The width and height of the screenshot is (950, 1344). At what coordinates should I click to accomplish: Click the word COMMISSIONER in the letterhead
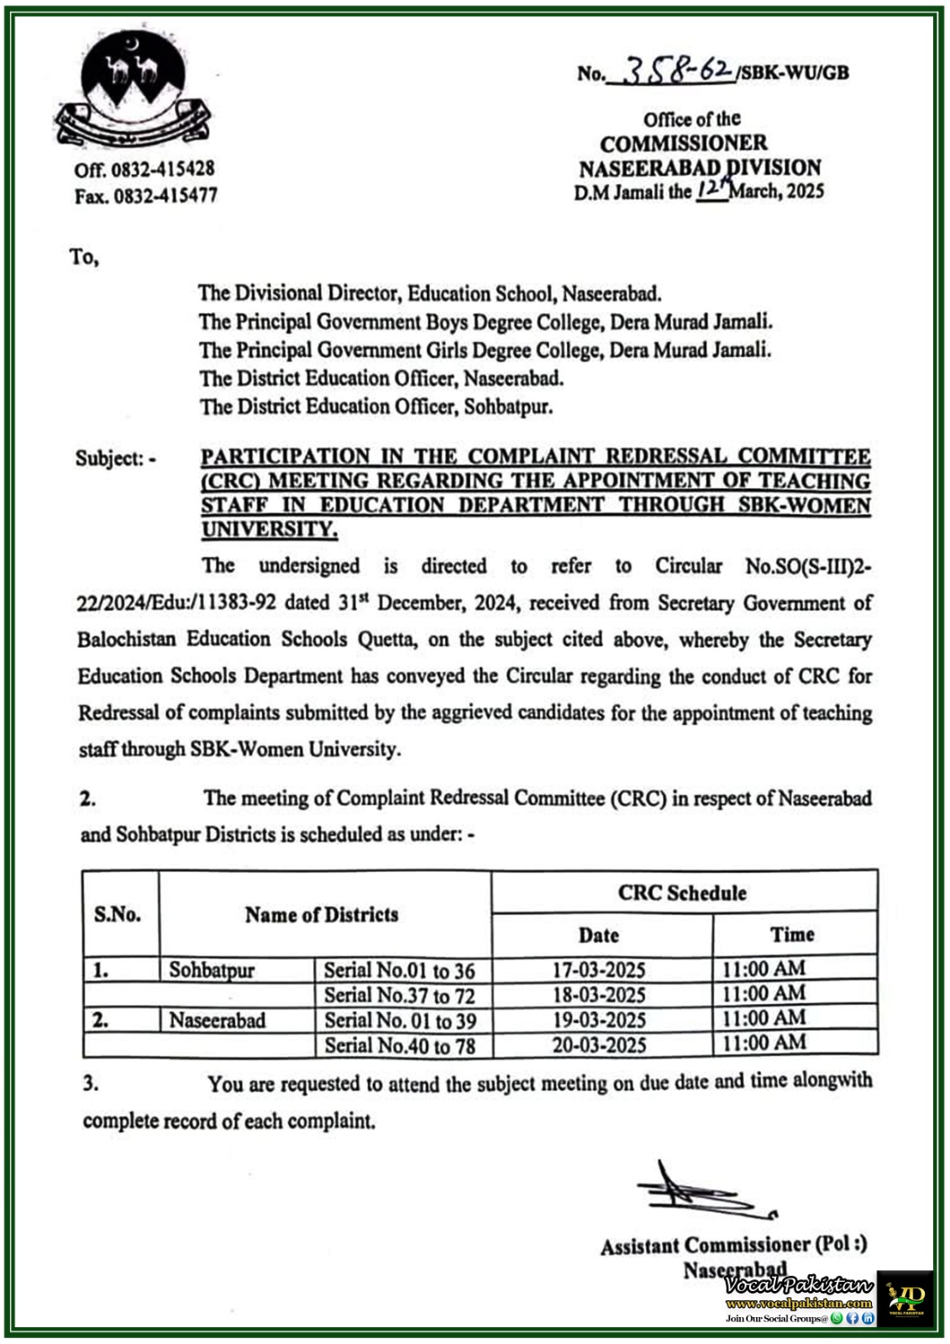pyautogui.click(x=683, y=143)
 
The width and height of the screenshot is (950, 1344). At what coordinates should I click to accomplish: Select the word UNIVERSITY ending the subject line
pyautogui.click(x=268, y=530)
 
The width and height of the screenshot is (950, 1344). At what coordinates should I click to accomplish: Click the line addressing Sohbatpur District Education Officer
pyautogui.click(x=376, y=407)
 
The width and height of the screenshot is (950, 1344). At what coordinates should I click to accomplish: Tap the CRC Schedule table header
pyautogui.click(x=682, y=893)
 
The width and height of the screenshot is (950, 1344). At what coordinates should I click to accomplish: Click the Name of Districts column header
pyautogui.click(x=322, y=915)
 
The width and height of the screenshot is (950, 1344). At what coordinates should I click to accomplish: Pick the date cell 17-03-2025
pyautogui.click(x=599, y=970)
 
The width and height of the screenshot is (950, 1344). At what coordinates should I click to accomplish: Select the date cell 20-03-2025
pyautogui.click(x=599, y=1045)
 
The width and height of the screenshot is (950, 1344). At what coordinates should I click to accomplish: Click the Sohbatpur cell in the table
pyautogui.click(x=212, y=970)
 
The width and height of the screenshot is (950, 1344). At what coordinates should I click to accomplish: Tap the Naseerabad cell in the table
pyautogui.click(x=217, y=1021)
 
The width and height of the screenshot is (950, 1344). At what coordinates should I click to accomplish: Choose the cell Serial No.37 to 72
pyautogui.click(x=400, y=996)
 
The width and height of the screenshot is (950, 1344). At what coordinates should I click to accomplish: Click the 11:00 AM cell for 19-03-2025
pyautogui.click(x=764, y=1019)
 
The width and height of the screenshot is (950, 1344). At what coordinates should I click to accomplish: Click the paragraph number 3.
pyautogui.click(x=91, y=1084)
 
